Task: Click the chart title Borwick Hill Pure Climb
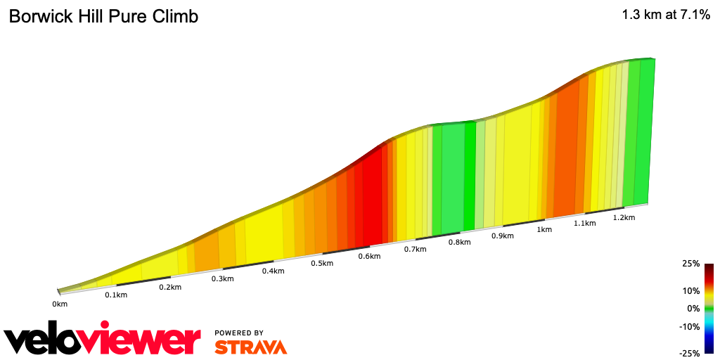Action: click(x=103, y=17)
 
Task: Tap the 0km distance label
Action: click(x=60, y=304)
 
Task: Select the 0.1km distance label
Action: click(x=116, y=295)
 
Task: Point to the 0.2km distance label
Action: click(x=170, y=287)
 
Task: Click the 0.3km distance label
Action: click(x=222, y=279)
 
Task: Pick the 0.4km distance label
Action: click(x=273, y=271)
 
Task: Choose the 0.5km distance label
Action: click(x=321, y=264)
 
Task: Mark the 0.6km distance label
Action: click(x=369, y=257)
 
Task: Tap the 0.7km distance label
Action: click(x=416, y=250)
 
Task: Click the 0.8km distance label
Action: click(x=459, y=243)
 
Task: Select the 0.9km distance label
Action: click(x=503, y=236)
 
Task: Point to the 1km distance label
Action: click(x=544, y=230)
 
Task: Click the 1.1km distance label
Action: click(x=584, y=224)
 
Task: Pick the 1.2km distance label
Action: click(x=624, y=218)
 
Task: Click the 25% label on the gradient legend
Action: click(x=690, y=264)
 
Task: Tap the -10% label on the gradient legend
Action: click(x=689, y=326)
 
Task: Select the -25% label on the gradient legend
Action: click(x=689, y=353)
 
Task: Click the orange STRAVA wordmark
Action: click(x=250, y=347)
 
